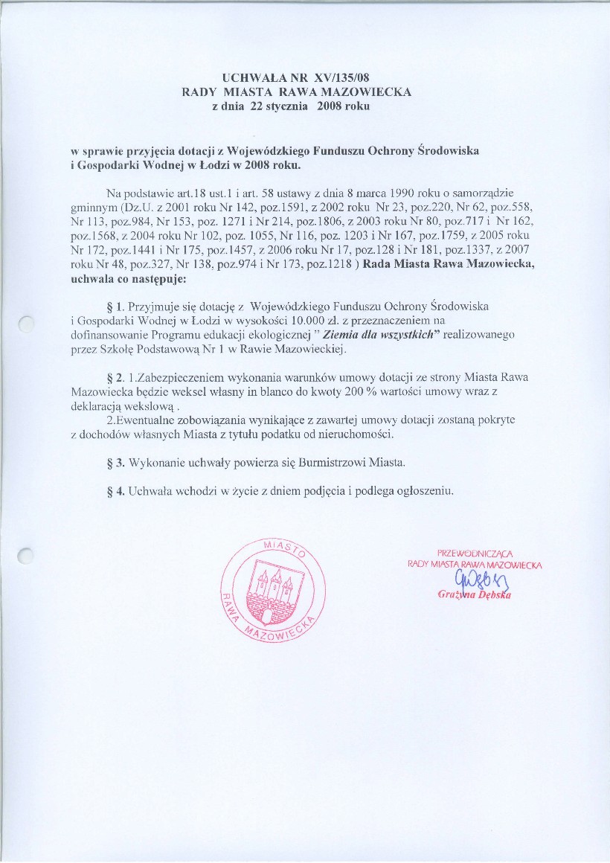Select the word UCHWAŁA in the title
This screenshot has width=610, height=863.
click(251, 77)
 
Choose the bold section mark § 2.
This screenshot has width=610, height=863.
click(115, 378)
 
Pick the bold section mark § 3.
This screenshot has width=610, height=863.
click(115, 463)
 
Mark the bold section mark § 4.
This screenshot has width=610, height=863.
click(115, 492)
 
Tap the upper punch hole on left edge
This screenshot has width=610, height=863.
click(26, 323)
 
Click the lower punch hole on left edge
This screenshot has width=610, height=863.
click(26, 554)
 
